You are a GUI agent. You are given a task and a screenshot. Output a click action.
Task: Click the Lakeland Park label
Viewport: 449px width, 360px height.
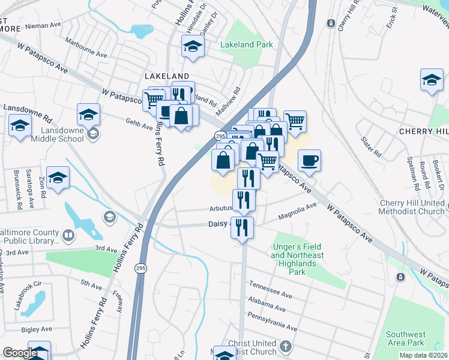click(246, 44)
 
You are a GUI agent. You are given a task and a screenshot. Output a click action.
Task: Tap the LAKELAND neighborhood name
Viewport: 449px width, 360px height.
click(167, 76)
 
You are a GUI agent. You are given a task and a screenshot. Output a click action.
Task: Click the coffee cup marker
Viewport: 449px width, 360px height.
click(309, 160)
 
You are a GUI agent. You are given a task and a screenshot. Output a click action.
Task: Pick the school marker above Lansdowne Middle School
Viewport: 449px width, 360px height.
click(88, 113)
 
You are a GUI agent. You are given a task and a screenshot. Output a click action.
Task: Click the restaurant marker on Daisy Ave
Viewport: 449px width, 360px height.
click(242, 227)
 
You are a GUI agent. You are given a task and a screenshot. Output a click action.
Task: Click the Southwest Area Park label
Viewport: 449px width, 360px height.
click(406, 338)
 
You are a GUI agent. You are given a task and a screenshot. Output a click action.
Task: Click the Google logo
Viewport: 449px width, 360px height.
click(20, 353)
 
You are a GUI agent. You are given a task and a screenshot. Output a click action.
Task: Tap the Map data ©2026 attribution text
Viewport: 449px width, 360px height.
click(423, 355)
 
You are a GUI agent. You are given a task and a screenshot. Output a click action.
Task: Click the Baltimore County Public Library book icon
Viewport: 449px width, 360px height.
click(69, 234)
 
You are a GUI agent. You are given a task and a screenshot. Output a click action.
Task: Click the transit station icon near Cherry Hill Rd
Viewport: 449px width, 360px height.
click(331, 23)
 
